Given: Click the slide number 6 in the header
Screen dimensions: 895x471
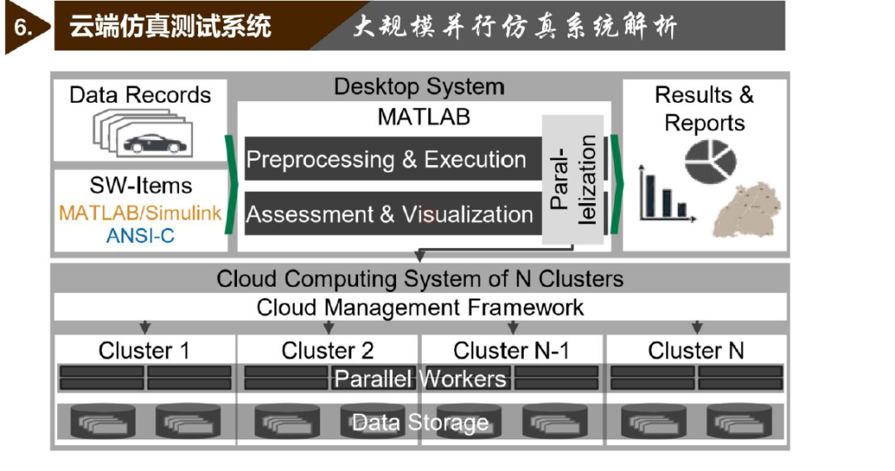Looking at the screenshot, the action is click(x=22, y=27).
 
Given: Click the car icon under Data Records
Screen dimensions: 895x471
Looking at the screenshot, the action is click(x=155, y=143).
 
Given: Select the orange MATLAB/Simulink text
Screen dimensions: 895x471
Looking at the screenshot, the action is click(x=140, y=213).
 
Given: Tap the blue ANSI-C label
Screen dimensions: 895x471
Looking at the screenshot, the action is click(x=140, y=235).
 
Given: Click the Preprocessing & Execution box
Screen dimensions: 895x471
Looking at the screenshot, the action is click(x=394, y=158).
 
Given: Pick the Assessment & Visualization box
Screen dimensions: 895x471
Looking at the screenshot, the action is click(x=394, y=213).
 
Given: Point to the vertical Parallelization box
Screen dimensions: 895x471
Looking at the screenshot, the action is click(x=573, y=179).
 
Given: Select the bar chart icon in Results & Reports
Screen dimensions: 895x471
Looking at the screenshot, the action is click(x=667, y=194).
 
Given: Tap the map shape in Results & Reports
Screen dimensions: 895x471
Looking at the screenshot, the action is click(x=747, y=210).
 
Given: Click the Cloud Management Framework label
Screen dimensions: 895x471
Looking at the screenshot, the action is click(x=420, y=308).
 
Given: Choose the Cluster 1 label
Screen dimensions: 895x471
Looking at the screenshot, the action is click(x=144, y=351).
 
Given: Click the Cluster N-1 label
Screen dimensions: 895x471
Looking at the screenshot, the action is click(x=511, y=351).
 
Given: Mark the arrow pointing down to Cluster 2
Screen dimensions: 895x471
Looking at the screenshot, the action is click(x=328, y=328).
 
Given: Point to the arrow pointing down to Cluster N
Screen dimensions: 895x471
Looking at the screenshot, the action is click(x=697, y=328).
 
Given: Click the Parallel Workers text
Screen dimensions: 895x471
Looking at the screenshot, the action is click(x=420, y=378).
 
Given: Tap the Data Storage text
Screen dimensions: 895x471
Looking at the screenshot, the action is click(x=420, y=423).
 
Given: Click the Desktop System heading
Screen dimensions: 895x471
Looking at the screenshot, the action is click(x=419, y=87).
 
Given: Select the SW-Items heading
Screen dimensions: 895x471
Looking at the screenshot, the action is click(x=140, y=186).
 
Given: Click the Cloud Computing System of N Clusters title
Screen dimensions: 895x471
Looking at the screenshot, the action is click(x=420, y=279).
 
